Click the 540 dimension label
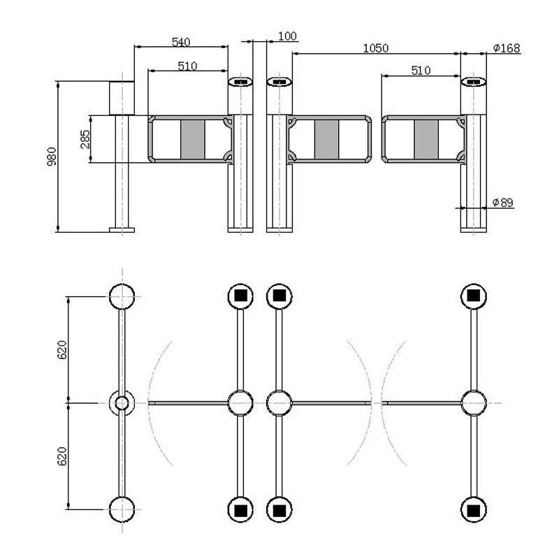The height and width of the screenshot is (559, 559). pos(181,42)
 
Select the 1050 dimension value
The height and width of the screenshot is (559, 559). pos(375,48)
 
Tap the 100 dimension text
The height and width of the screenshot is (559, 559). pos(287,36)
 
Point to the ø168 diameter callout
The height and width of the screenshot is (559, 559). pos(506,48)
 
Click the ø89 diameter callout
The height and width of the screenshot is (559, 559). pos(502,202)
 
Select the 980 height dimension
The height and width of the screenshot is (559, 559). pos(51,157)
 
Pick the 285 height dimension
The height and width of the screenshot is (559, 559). pos(85,140)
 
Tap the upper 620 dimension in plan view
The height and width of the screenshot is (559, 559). pos(61,349)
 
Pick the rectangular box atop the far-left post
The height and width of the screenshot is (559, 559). pos(122,97)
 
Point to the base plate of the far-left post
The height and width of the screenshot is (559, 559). pos(122,228)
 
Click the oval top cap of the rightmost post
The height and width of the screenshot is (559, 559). pos(473,82)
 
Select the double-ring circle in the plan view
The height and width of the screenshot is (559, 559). pos(122,403)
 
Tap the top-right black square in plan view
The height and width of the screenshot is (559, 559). pos(473,296)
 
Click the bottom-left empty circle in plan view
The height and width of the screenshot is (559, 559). pos(122,509)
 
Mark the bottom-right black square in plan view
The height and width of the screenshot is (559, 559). pos(473,509)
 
